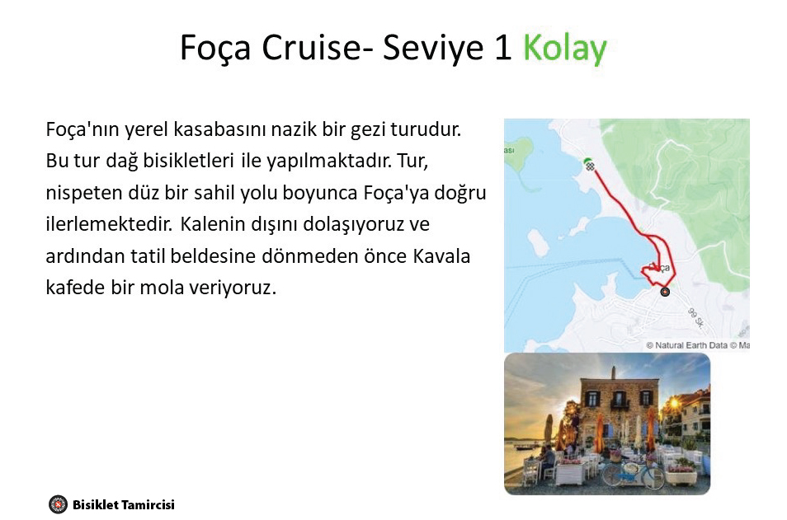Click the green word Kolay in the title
(x=565, y=48)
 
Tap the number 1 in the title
(x=503, y=48)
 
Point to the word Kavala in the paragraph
(x=441, y=255)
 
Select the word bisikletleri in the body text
(x=188, y=161)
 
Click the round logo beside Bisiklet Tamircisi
(x=58, y=504)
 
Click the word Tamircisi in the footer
(x=148, y=505)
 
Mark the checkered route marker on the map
(x=591, y=166)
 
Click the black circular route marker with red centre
(x=665, y=292)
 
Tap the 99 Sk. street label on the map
(x=696, y=318)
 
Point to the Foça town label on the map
(x=659, y=268)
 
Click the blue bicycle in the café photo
(x=633, y=473)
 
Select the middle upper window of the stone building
(x=620, y=399)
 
